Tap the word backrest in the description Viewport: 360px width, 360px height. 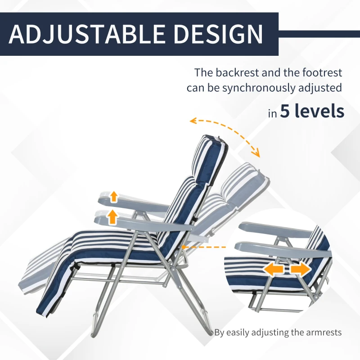pos(237,72)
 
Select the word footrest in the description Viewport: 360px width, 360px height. pos(320,72)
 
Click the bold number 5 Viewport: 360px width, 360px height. pos(285,111)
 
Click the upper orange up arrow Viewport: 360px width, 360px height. pos(114,196)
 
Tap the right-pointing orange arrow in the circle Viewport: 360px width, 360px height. pos(300,269)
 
